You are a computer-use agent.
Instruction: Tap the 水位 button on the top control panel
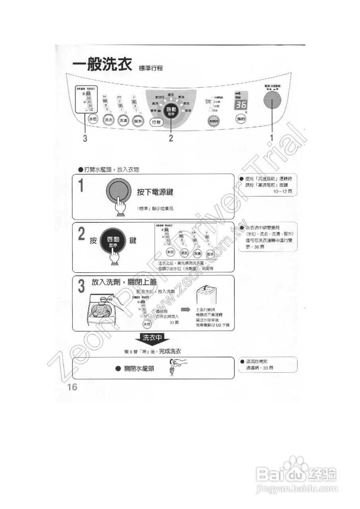point(93,119)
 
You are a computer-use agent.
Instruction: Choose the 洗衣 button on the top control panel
point(108,120)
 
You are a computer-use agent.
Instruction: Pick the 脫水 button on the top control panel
point(138,121)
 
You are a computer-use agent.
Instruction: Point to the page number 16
point(72,388)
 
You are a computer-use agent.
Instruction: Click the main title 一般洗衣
point(102,65)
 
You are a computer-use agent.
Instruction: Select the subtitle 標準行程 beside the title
point(151,68)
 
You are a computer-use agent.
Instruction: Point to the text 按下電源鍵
point(155,192)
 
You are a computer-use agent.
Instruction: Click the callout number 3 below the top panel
point(85,139)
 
